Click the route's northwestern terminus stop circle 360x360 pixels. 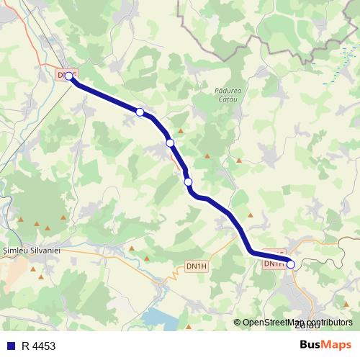coord(68,76)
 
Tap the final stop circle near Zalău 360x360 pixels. coord(291,264)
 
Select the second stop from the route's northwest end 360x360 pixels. coord(140,112)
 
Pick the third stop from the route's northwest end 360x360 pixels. coord(170,143)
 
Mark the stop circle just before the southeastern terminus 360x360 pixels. coord(188,182)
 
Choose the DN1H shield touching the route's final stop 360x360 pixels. coord(274,264)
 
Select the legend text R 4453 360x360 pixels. coord(38,346)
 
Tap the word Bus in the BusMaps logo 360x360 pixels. coord(310,344)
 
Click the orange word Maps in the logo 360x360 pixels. coord(337,344)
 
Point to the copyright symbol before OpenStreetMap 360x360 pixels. coord(237,323)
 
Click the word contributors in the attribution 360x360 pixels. coord(325,323)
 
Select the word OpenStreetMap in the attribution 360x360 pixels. coord(270,323)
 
